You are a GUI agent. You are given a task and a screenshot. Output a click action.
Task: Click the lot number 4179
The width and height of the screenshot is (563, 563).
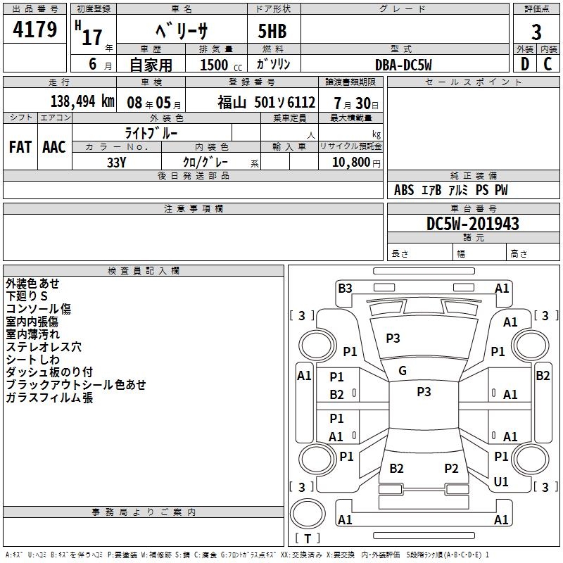coord(35,30)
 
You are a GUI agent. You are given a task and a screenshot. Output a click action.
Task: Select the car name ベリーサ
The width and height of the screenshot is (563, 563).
coord(181,31)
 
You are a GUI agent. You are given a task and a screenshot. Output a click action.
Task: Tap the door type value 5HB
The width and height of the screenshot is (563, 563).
coord(273,31)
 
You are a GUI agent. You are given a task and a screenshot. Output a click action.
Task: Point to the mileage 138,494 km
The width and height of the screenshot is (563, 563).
coord(82,101)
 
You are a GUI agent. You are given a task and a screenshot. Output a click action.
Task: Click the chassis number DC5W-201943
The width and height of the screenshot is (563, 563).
coord(473,224)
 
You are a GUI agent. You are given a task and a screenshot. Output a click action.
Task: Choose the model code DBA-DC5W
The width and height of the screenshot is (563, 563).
coord(403,65)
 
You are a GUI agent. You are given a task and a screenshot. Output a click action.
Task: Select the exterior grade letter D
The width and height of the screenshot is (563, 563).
coord(524,65)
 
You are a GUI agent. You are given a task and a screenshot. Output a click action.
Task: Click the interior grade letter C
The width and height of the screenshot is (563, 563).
coord(548,65)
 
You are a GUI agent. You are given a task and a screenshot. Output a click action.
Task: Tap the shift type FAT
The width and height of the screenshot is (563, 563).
coord(20,146)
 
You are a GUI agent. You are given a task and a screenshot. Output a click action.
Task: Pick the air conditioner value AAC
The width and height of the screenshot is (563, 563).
coord(54,146)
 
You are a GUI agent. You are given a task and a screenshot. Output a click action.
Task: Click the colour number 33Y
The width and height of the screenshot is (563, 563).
coord(116,162)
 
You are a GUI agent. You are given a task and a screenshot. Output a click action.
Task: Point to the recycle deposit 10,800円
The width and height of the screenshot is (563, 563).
coord(350,162)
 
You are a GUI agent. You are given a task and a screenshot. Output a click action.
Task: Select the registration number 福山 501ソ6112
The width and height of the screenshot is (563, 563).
coord(266,102)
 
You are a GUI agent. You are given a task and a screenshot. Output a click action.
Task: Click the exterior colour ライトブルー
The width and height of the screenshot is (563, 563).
coord(151,132)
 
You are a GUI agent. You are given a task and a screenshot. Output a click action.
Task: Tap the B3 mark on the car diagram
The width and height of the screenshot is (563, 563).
coord(345,288)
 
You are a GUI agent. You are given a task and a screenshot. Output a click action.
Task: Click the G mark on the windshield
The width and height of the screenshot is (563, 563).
coord(403,371)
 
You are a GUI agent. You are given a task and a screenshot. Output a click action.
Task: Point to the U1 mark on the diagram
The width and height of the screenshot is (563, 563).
coord(501,482)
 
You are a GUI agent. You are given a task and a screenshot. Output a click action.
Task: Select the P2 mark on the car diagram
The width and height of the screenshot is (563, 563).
coord(451,468)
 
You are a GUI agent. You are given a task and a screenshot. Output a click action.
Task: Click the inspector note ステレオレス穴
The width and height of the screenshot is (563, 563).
coord(44,347)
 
